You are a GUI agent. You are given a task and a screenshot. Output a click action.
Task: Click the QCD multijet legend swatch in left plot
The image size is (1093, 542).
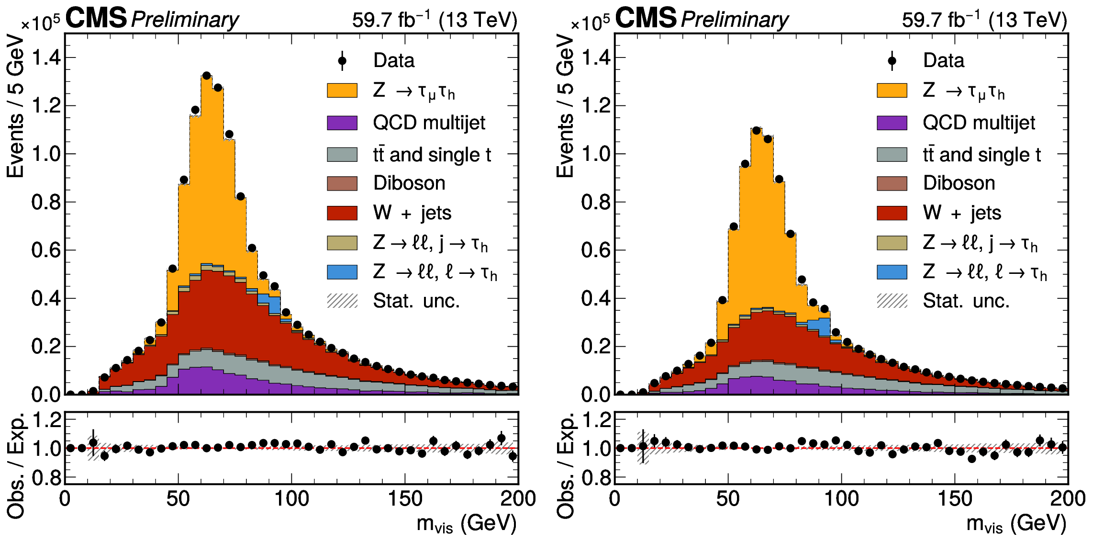tap(342, 123)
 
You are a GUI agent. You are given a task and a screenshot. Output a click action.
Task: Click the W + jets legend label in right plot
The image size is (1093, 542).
tap(961, 213)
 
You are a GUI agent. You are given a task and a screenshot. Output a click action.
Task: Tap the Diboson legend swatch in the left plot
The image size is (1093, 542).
tap(342, 183)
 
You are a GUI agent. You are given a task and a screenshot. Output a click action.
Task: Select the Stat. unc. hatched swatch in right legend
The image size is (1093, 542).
tap(892, 301)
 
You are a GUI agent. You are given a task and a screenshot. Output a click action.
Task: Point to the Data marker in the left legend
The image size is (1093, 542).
tap(342, 61)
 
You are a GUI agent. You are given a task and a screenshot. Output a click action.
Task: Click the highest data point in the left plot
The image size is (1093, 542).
tap(207, 76)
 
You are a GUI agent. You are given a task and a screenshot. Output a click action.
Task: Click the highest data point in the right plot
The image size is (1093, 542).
tap(756, 130)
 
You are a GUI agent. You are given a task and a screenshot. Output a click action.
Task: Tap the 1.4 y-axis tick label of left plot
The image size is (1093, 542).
tap(46, 58)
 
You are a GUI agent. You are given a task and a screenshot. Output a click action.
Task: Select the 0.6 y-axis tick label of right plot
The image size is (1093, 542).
tap(596, 250)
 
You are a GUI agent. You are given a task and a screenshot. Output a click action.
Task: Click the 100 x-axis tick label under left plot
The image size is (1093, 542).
tap(291, 499)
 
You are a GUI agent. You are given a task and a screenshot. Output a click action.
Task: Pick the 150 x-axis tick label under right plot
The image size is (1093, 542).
tap(955, 499)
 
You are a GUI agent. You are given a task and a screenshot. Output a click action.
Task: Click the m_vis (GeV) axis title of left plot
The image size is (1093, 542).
tap(466, 523)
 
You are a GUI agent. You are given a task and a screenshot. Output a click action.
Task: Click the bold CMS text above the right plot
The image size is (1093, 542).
tap(646, 18)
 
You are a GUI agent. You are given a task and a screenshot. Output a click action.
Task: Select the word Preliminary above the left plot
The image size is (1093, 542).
tap(185, 20)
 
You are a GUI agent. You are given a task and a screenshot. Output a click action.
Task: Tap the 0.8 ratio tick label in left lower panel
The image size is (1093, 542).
tap(46, 478)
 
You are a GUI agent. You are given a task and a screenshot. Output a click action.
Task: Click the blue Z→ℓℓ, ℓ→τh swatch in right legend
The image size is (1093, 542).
tap(892, 272)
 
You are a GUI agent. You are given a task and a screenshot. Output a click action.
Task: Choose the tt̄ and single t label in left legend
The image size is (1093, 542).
tap(432, 155)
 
